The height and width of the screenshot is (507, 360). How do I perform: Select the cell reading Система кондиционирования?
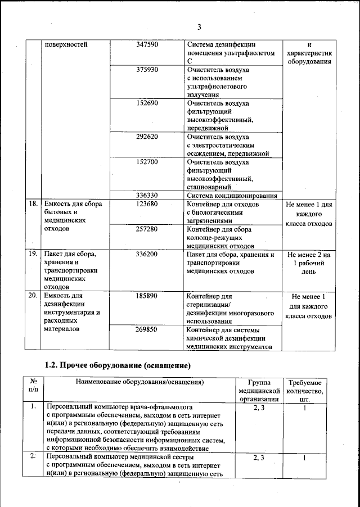231,196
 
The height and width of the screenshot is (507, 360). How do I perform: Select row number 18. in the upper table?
33,204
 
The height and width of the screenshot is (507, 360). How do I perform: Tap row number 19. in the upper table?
33,255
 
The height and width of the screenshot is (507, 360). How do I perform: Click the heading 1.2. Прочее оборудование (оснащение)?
118,365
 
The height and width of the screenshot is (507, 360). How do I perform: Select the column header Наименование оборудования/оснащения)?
139,382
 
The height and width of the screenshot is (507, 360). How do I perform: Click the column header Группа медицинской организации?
259,390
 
